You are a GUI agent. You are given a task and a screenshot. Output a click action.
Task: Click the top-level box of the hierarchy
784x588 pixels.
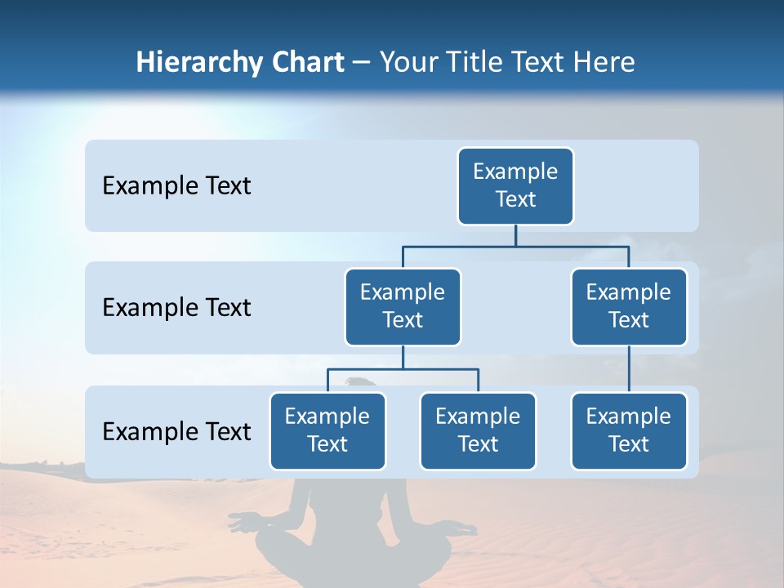click(x=515, y=185)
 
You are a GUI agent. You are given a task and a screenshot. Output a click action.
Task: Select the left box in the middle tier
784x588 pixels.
click(x=403, y=306)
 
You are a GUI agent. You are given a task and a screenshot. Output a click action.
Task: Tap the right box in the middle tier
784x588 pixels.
click(x=629, y=306)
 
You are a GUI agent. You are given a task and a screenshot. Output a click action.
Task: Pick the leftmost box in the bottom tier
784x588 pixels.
click(x=327, y=430)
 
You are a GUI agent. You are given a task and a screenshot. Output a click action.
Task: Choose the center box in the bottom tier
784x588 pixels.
click(x=478, y=430)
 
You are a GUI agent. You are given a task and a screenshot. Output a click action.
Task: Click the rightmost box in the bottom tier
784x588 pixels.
click(x=629, y=430)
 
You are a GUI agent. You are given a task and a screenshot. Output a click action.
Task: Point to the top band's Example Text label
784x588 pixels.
click(x=176, y=186)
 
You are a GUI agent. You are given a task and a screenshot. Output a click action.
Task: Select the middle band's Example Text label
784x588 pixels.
click(x=176, y=308)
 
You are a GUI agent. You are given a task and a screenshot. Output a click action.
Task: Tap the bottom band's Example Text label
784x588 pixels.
click(x=176, y=432)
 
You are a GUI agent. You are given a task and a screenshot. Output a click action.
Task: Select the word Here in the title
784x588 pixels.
click(x=604, y=62)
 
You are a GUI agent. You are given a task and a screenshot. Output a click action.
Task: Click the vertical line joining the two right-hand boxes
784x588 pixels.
click(x=629, y=368)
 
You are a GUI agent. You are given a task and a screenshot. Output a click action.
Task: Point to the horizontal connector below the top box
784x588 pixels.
click(x=515, y=246)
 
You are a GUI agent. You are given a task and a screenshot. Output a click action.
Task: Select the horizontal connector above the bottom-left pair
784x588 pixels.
click(x=403, y=369)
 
